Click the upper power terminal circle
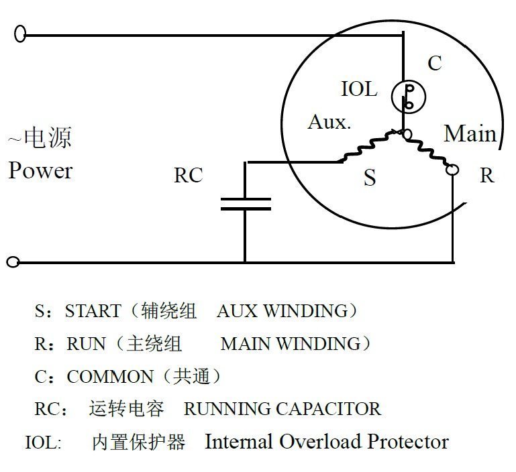click(x=20, y=34)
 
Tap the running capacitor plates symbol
click(x=246, y=204)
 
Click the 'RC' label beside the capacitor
click(x=188, y=176)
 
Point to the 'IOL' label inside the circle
click(x=359, y=89)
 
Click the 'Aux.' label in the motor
click(x=329, y=123)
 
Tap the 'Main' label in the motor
click(x=470, y=133)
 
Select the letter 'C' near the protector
click(x=435, y=64)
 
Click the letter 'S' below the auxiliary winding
click(x=370, y=178)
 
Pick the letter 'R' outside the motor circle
click(x=486, y=176)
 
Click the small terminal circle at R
click(x=453, y=170)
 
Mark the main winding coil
click(x=430, y=151)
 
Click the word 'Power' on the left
click(x=40, y=170)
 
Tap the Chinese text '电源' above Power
click(x=48, y=138)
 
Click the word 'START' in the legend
click(x=93, y=311)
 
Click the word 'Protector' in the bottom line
click(x=407, y=442)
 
